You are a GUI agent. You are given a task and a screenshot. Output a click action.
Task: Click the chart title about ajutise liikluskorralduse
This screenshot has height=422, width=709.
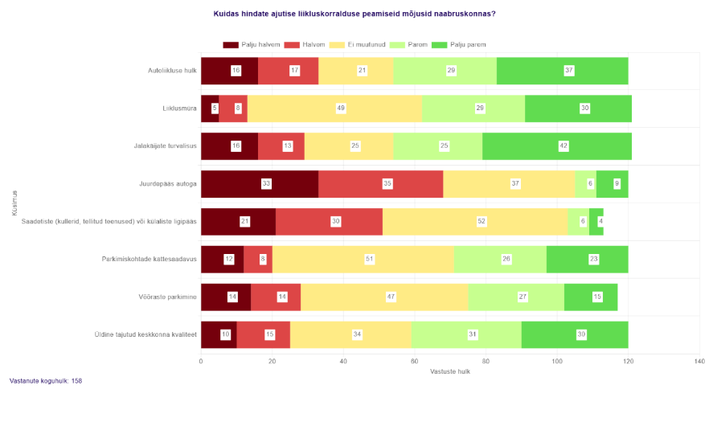pos(354,14)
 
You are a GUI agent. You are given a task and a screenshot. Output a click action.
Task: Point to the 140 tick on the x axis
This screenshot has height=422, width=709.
pos(699,361)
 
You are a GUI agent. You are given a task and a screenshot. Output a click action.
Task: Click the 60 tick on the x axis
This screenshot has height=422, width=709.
pos(415,361)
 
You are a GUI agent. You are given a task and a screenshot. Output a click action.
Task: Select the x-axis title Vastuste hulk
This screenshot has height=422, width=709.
pos(450,371)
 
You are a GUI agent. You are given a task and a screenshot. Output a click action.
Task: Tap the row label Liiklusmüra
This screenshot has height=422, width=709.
pos(179,109)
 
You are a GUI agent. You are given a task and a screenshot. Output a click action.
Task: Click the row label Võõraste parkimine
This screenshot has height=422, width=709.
pos(169,297)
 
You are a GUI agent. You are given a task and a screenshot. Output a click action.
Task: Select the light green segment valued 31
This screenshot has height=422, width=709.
pos(466,335)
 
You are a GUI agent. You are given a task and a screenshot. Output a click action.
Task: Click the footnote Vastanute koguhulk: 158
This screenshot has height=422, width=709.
pos(46,381)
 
